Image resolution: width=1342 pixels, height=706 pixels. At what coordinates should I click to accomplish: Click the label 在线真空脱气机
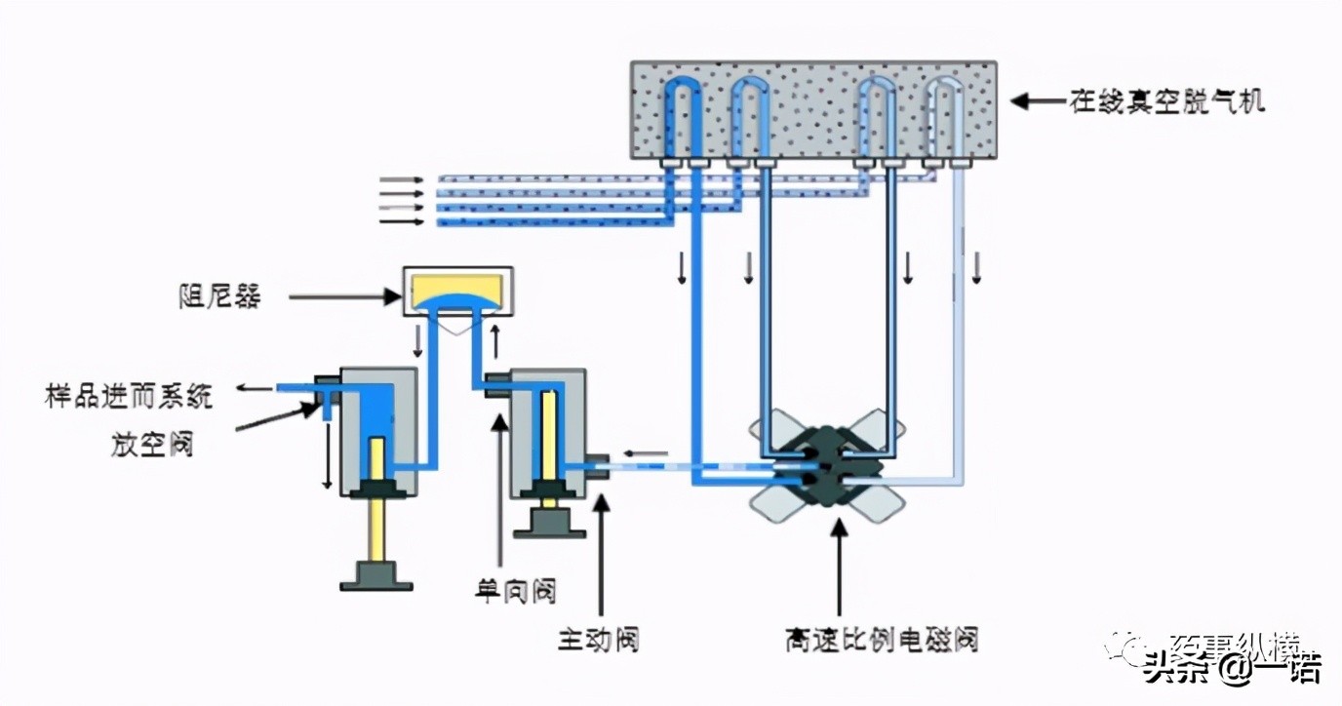pyautogui.click(x=1167, y=100)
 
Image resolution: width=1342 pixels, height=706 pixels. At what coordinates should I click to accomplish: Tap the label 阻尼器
pyautogui.click(x=219, y=295)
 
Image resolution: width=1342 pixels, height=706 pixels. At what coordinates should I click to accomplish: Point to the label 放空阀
pyautogui.click(x=151, y=445)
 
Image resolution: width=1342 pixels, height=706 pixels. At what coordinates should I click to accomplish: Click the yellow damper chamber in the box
pyautogui.click(x=458, y=291)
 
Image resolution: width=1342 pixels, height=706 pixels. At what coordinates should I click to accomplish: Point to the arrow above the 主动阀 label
pyautogui.click(x=602, y=556)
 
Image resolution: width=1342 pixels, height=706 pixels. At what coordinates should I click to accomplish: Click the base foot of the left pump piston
pyautogui.click(x=375, y=577)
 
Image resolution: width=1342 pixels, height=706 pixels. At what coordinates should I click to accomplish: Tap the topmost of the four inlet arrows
pyautogui.click(x=401, y=180)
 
